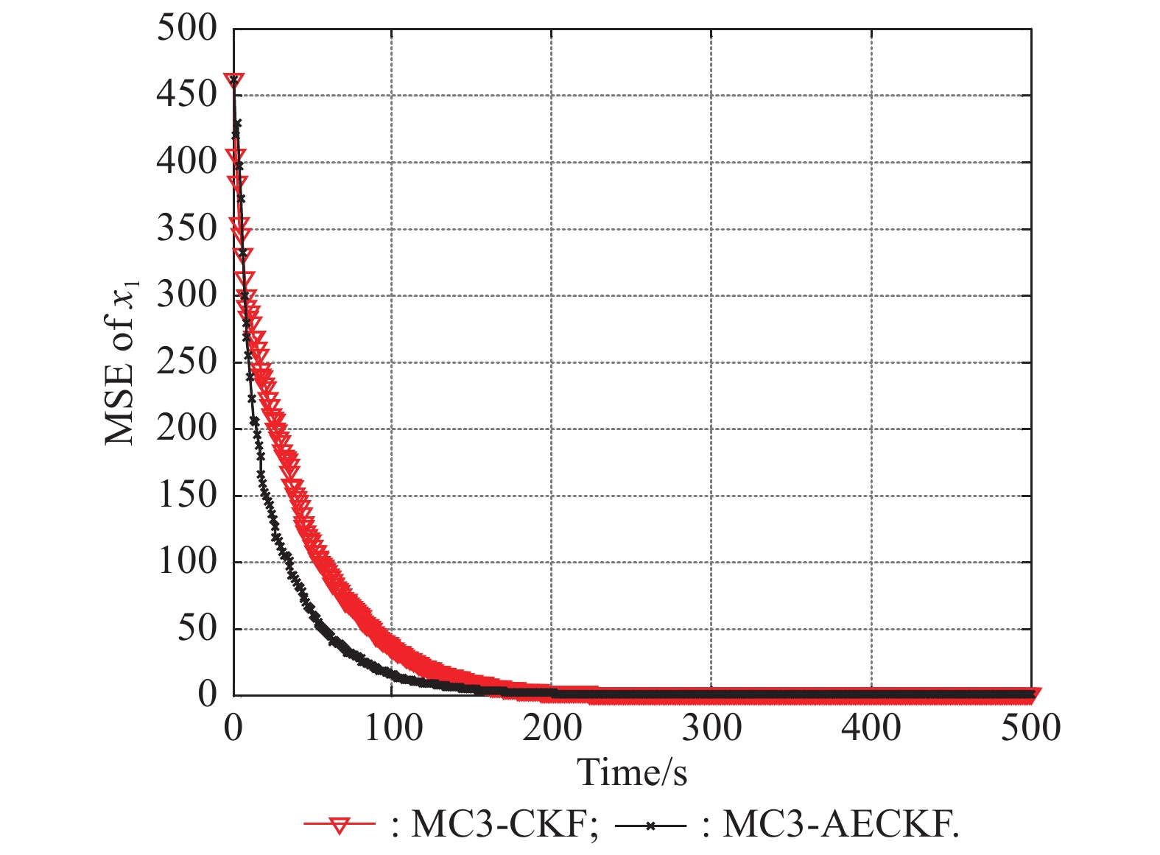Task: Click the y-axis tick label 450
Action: click(186, 95)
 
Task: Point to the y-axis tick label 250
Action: click(186, 362)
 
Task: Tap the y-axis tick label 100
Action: click(186, 562)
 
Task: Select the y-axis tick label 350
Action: click(186, 228)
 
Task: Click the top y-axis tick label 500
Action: click(186, 29)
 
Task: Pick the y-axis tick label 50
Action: click(197, 629)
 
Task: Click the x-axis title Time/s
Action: click(632, 773)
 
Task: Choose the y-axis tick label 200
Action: click(186, 429)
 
